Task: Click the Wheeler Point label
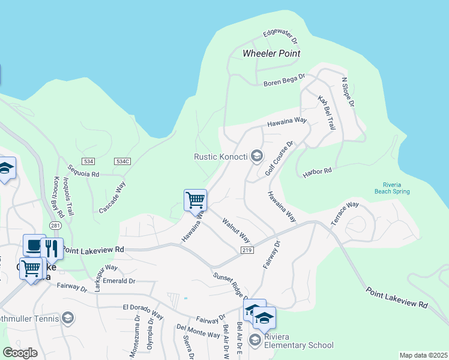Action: click(271, 53)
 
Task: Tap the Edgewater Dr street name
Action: click(280, 37)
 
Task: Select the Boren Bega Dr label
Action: click(285, 80)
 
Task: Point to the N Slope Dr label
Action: click(348, 91)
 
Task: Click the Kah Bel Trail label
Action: click(327, 112)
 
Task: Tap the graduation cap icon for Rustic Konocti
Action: click(257, 157)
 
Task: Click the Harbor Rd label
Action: click(318, 172)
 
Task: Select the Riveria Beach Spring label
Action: click(396, 188)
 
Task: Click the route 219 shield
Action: click(247, 249)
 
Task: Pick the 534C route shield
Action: click(123, 162)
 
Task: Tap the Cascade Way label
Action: click(112, 199)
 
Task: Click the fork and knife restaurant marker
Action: click(52, 247)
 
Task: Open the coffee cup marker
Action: click(34, 244)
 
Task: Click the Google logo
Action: click(20, 352)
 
